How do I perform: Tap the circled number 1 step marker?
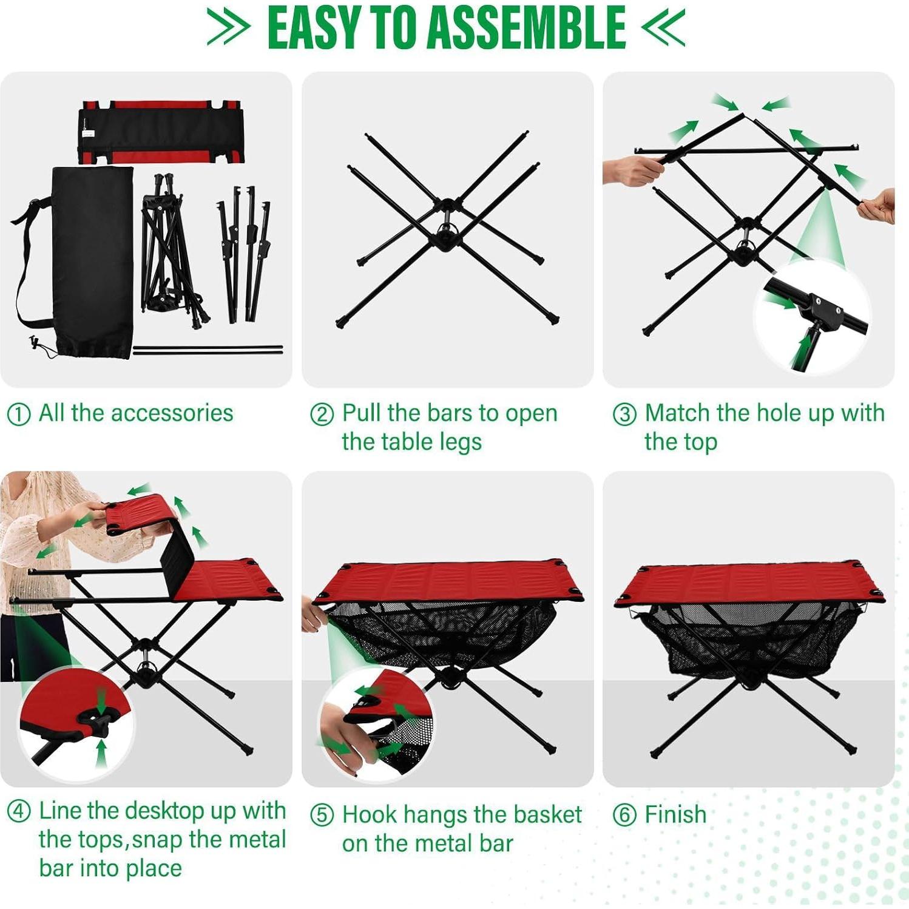[18, 414]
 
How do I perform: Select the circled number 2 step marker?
[322, 414]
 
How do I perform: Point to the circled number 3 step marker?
[624, 414]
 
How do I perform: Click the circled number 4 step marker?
[18, 811]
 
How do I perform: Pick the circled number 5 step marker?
[322, 815]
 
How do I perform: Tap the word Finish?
[675, 815]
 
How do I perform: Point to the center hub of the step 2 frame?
[447, 234]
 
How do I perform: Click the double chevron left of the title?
[228, 27]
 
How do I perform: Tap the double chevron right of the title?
[664, 27]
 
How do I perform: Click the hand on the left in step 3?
[631, 170]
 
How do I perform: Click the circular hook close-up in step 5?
[376, 722]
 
